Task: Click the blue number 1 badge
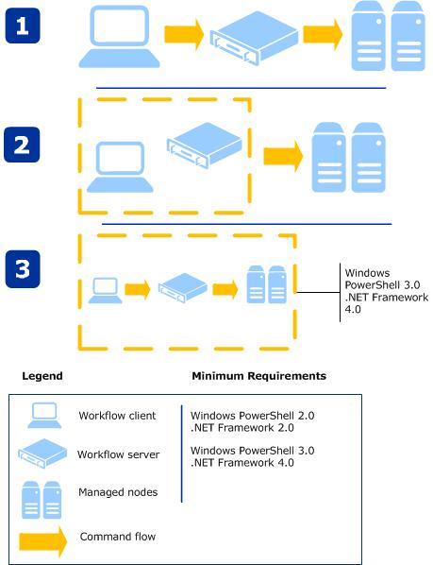(x=23, y=26)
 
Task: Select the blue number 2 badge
(x=22, y=145)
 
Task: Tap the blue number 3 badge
(x=23, y=269)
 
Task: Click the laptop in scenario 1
(x=120, y=37)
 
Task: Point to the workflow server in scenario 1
(x=255, y=38)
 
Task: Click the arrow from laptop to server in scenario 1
(x=184, y=35)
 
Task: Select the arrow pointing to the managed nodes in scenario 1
(x=323, y=35)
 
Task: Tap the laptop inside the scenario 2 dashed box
(x=120, y=167)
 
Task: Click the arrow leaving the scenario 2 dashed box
(x=283, y=157)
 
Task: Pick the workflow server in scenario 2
(x=205, y=145)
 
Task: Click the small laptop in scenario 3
(x=106, y=290)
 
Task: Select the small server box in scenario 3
(x=183, y=287)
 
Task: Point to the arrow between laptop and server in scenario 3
(x=138, y=289)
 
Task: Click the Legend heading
(x=42, y=376)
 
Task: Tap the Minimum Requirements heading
(x=258, y=376)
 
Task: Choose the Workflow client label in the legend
(x=117, y=416)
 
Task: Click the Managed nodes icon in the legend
(x=42, y=500)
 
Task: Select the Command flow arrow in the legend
(x=43, y=541)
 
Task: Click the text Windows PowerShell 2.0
(x=253, y=416)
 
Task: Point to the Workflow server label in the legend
(x=118, y=454)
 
